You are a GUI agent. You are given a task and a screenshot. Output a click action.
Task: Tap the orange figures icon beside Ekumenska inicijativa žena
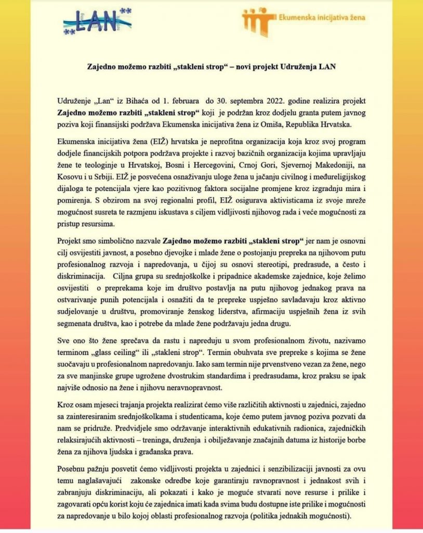tap(258, 18)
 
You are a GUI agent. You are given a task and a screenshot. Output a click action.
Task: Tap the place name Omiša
tap(286, 125)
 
